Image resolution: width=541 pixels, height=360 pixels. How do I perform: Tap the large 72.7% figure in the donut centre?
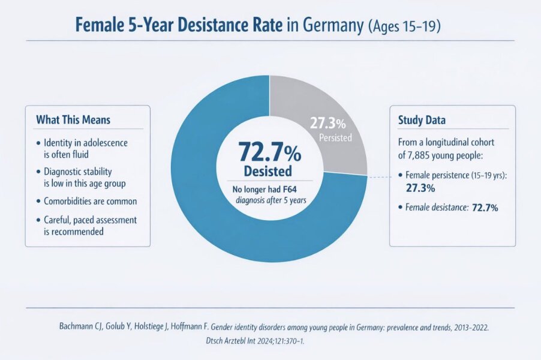tap(269, 152)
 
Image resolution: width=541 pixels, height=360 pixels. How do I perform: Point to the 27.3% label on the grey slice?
tap(327, 124)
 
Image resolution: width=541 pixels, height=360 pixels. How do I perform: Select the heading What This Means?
tap(73, 119)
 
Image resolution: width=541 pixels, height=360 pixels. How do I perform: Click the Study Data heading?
tap(422, 119)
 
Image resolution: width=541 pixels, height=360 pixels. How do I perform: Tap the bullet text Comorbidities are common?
tap(91, 201)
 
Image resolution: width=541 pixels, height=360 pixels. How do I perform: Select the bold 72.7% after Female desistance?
tap(485, 208)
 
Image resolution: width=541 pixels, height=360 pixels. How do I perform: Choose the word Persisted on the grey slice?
tap(335, 137)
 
